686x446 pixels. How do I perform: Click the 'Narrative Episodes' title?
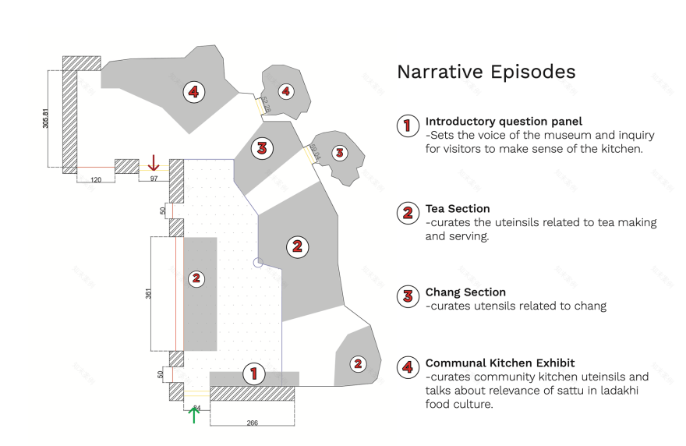486,72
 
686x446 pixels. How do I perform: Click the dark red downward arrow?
154,162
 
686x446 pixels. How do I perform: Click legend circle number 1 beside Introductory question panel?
407,126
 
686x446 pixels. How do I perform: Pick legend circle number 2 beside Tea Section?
407,213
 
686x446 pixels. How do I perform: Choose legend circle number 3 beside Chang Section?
407,296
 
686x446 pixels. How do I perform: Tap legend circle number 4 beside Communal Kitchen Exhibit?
407,367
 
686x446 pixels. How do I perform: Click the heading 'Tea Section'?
458,209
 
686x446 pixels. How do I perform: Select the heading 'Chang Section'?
465,292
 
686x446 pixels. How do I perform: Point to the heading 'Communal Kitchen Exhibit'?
500,363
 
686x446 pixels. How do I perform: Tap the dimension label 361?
148,292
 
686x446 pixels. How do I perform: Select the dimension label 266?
252,423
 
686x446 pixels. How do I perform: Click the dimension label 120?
96,179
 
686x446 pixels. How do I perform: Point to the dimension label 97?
154,179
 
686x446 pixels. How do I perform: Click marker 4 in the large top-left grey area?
193,92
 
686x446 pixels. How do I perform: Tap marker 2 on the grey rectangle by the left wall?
196,278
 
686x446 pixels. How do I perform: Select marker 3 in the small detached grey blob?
338,153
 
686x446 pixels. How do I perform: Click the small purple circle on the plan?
259,263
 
